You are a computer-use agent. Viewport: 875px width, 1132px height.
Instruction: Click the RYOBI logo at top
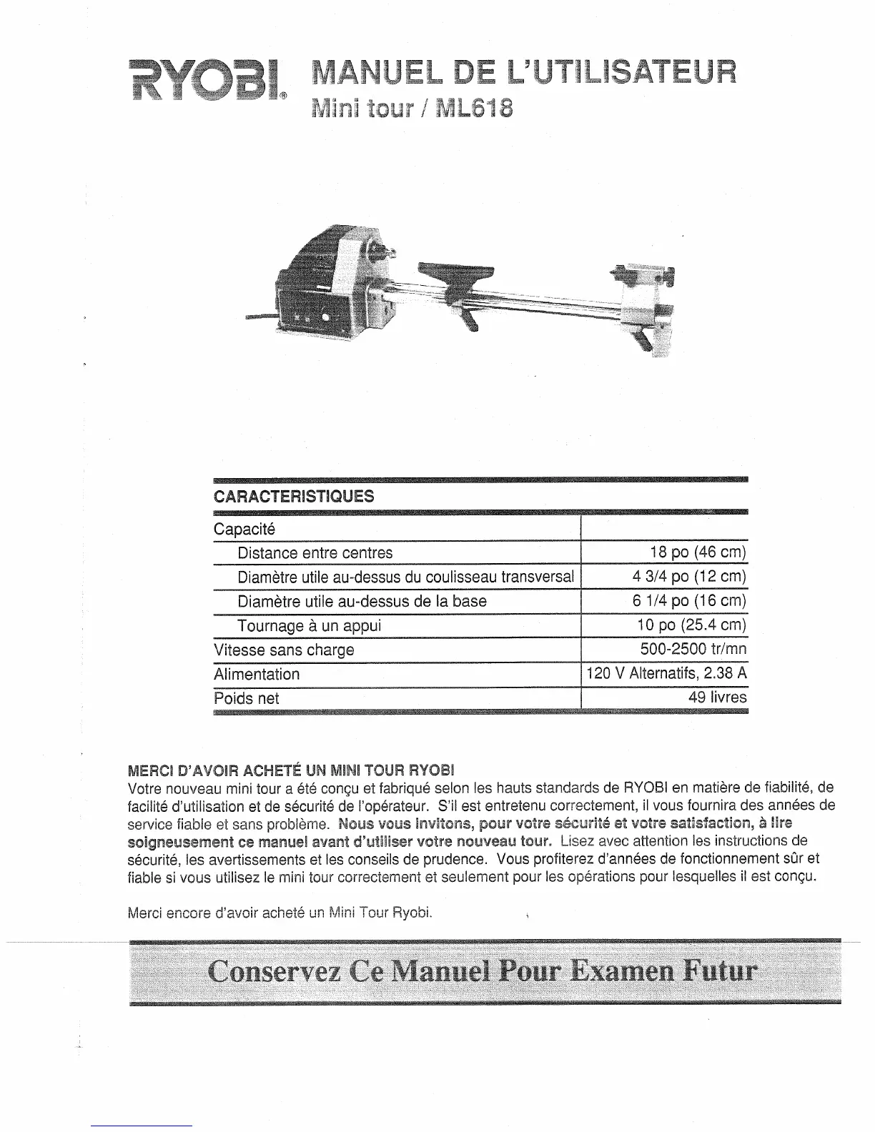(206, 83)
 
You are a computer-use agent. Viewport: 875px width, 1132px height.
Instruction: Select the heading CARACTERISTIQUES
(294, 496)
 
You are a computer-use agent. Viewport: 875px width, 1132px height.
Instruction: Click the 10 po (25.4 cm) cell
(691, 625)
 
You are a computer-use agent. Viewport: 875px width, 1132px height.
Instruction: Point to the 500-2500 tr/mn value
(693, 650)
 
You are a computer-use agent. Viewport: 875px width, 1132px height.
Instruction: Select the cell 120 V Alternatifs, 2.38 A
(666, 674)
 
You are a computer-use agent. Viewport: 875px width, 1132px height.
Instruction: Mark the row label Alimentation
(257, 674)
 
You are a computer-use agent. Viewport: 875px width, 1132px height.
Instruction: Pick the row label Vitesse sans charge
(284, 650)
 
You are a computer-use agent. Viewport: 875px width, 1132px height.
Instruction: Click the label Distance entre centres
(315, 552)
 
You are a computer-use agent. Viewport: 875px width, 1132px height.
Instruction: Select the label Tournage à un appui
(309, 625)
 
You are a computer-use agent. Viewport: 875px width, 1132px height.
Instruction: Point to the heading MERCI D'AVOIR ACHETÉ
(290, 771)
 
